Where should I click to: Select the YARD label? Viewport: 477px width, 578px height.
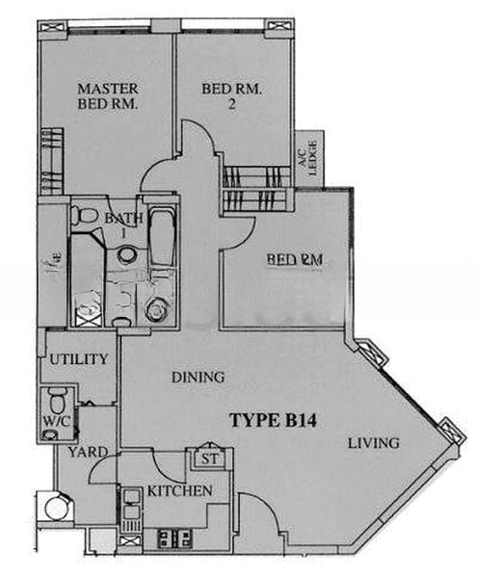tap(87, 451)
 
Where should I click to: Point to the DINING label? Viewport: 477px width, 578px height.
tap(198, 377)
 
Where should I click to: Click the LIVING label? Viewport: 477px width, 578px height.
tap(373, 443)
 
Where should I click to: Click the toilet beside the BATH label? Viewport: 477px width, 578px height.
tap(86, 215)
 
